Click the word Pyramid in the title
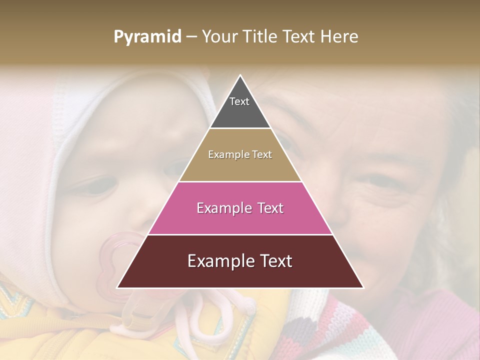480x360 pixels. [x=147, y=37]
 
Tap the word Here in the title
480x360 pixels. [x=339, y=36]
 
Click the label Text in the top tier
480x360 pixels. [x=239, y=101]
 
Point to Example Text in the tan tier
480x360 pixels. [x=240, y=154]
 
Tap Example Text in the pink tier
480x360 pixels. [x=240, y=208]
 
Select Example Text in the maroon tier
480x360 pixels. [x=240, y=261]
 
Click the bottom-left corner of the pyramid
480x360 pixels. [x=117, y=287]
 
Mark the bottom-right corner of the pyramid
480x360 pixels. [x=363, y=287]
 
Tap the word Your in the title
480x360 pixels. [x=220, y=36]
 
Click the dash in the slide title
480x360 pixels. [x=191, y=37]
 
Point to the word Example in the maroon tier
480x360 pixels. [x=218, y=261]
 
